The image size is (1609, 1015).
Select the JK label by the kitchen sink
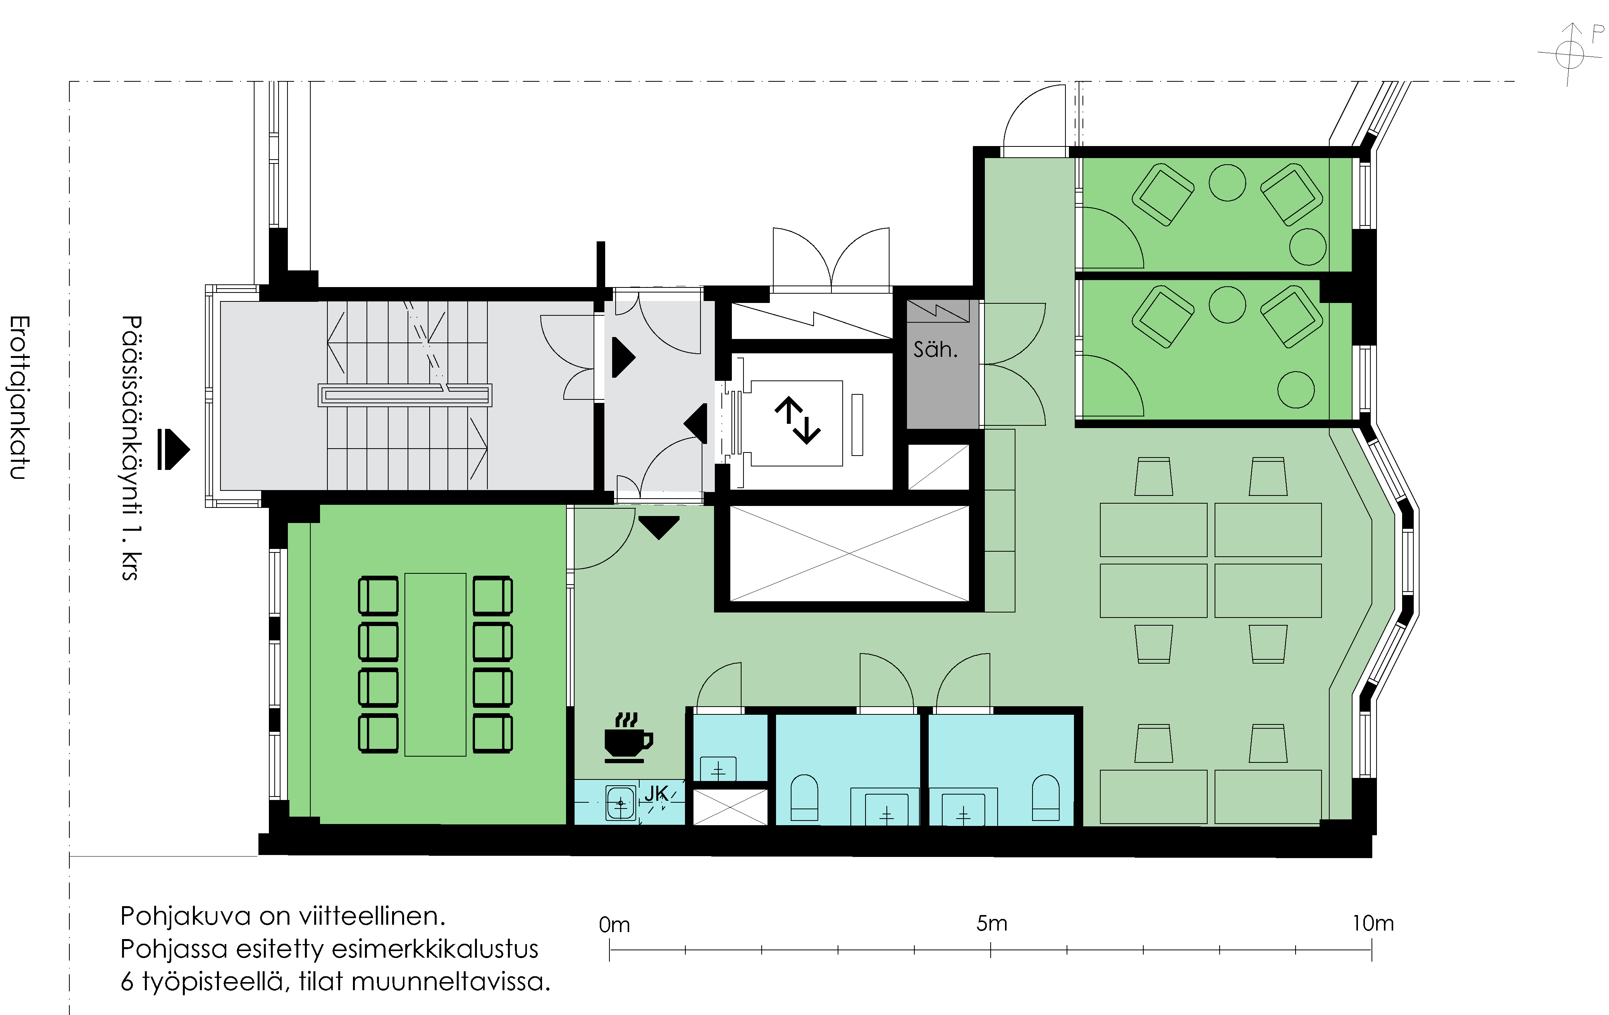(656, 793)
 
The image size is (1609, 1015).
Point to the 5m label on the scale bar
(991, 924)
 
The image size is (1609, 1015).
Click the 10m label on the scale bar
(1373, 924)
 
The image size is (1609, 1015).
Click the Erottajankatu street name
(18, 397)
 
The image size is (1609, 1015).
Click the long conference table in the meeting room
(435, 664)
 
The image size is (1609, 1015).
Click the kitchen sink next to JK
(621, 803)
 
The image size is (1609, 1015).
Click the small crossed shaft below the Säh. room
(938, 466)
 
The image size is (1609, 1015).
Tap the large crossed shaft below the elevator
(849, 553)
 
